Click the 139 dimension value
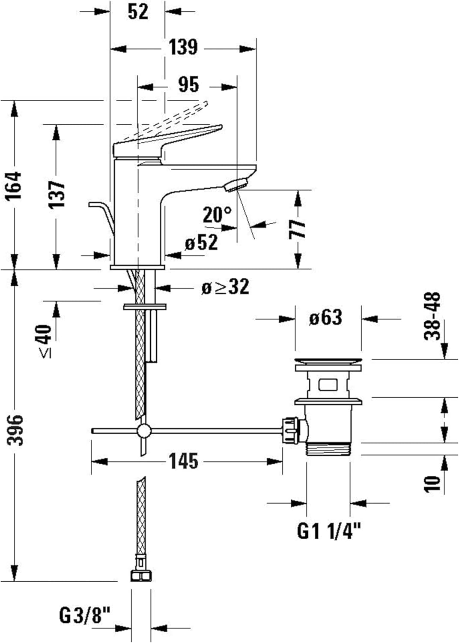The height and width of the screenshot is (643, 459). pyautogui.click(x=183, y=47)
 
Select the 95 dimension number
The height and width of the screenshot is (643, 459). pyautogui.click(x=188, y=84)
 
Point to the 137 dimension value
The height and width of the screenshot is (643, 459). pyautogui.click(x=56, y=195)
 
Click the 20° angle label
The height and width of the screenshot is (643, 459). pyautogui.click(x=217, y=214)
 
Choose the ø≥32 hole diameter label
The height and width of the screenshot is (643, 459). pyautogui.click(x=225, y=287)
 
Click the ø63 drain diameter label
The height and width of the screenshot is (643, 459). pyautogui.click(x=326, y=318)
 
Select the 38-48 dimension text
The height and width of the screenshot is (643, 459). pyautogui.click(x=433, y=316)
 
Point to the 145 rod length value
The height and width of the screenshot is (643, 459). pyautogui.click(x=183, y=461)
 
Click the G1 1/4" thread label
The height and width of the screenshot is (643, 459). pyautogui.click(x=329, y=532)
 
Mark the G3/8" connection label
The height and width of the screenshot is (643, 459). pyautogui.click(x=85, y=616)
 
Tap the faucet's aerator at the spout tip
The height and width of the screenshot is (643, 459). pyautogui.click(x=237, y=185)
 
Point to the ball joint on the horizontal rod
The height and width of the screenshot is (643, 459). pyautogui.click(x=144, y=430)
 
